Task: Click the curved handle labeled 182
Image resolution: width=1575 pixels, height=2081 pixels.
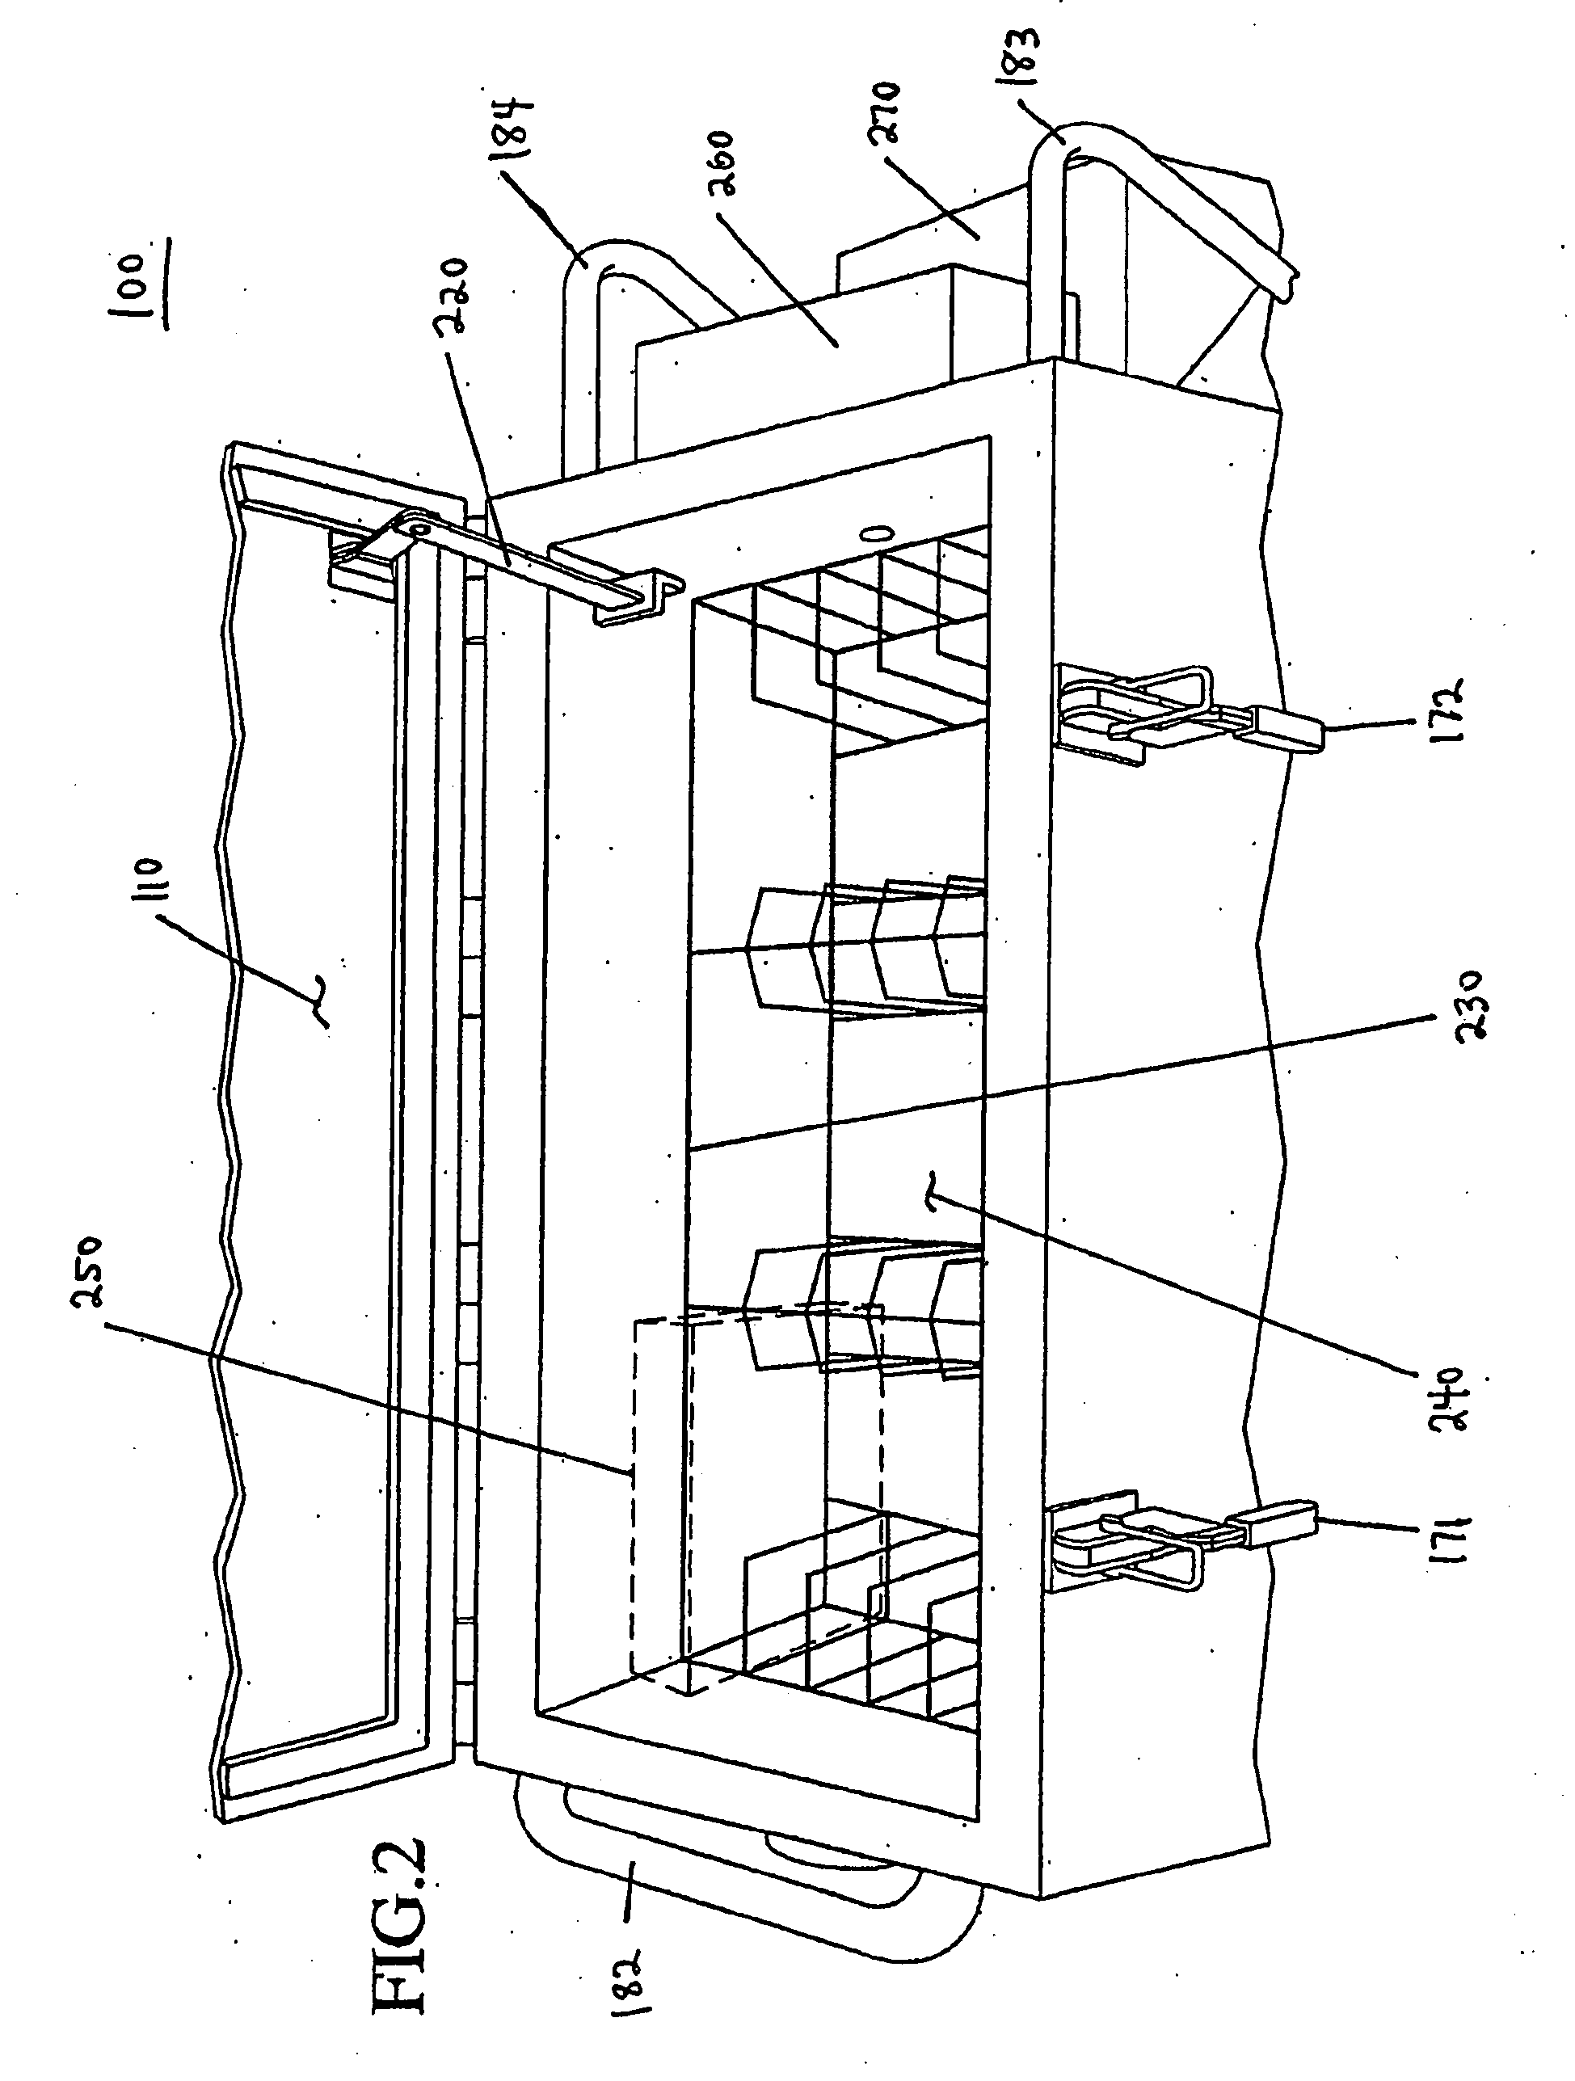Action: (715, 1891)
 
